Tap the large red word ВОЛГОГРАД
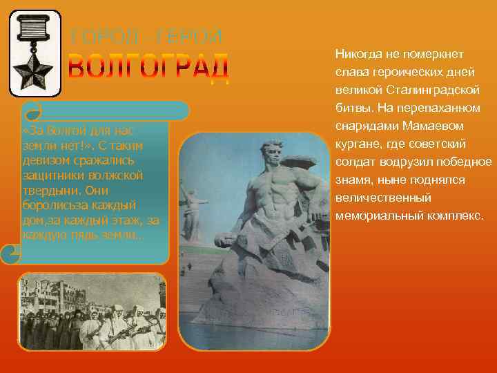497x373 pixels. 148,66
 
